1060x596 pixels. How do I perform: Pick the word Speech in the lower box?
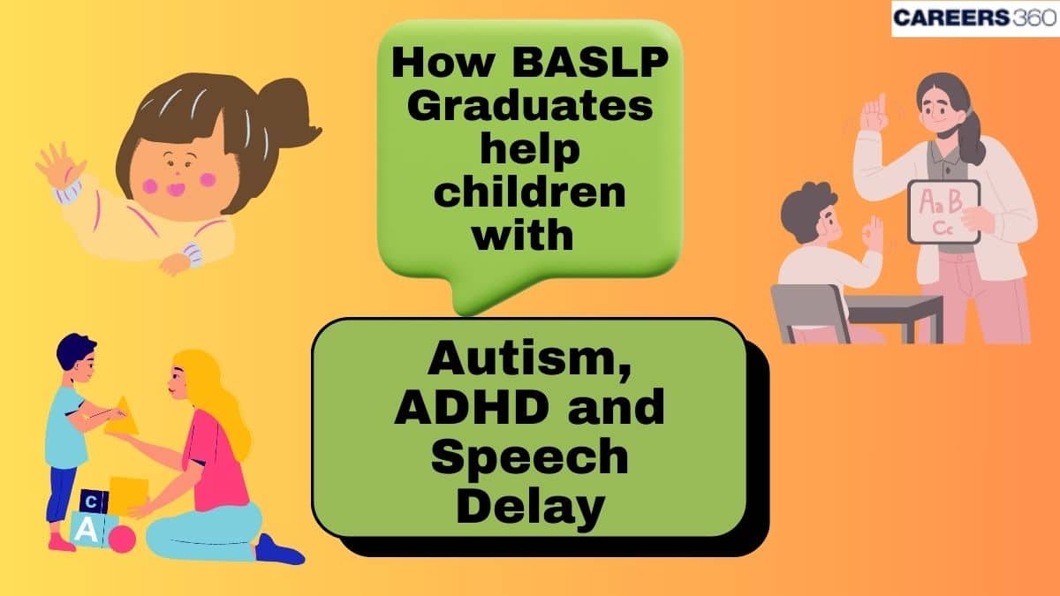529,459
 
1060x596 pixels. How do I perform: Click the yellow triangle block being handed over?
122,417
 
